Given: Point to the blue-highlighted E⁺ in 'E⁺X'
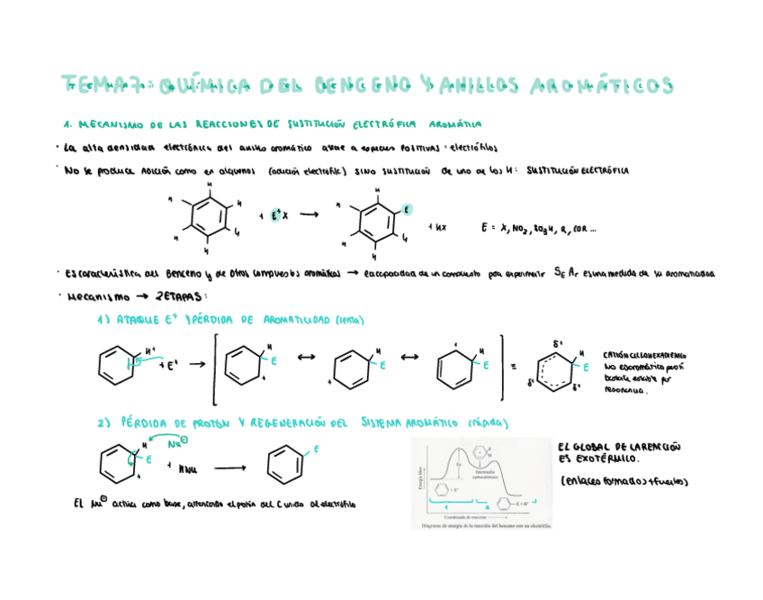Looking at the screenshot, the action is coord(274,215).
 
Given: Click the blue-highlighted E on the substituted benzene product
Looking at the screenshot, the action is coord(406,209).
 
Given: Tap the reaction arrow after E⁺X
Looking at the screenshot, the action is coord(310,215).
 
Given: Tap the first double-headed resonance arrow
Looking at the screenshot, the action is coord(306,358).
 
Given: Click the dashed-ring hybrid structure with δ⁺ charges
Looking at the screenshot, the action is coord(558,365).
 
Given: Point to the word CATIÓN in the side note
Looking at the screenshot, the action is coord(619,354).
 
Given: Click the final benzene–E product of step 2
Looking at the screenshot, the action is coord(287,465).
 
